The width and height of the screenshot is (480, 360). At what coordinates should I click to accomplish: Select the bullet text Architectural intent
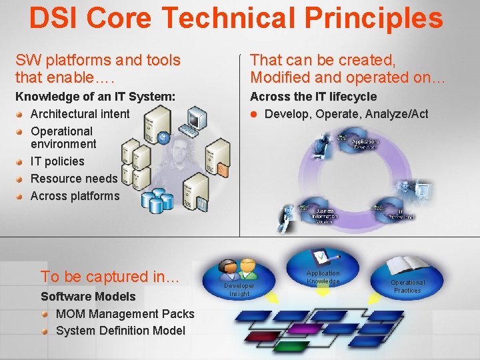pyautogui.click(x=80, y=114)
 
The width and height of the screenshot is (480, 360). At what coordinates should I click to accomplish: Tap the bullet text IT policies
pyautogui.click(x=57, y=161)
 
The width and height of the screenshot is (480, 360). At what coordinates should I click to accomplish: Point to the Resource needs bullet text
pyautogui.click(x=73, y=179)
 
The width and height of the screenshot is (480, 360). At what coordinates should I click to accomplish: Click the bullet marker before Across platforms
pyautogui.click(x=22, y=197)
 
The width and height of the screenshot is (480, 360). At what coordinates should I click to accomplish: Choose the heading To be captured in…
pyautogui.click(x=110, y=277)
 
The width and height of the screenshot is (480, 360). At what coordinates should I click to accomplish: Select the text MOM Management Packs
pyautogui.click(x=125, y=314)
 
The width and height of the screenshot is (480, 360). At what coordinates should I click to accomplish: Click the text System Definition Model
pyautogui.click(x=120, y=331)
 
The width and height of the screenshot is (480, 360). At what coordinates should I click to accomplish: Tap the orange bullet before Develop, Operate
pyautogui.click(x=254, y=114)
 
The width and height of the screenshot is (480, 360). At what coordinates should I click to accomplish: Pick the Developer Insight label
pyautogui.click(x=240, y=289)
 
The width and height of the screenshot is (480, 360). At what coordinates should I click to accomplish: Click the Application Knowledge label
pyautogui.click(x=323, y=277)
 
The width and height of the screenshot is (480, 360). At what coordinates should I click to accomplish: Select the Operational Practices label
pyautogui.click(x=407, y=286)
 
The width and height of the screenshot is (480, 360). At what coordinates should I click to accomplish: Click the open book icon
pyautogui.click(x=407, y=265)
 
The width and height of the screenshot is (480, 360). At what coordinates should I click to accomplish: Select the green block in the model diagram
pyautogui.click(x=291, y=347)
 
